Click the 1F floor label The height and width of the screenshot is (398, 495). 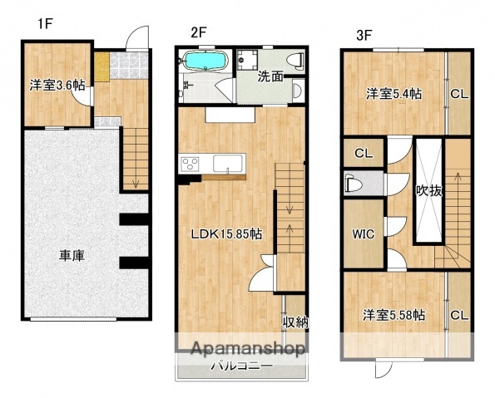tap(45, 23)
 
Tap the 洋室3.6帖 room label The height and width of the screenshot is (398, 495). tap(57, 84)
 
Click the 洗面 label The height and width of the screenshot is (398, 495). tap(269, 77)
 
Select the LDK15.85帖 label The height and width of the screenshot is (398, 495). tap(226, 234)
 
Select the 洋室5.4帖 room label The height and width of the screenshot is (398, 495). tap(394, 93)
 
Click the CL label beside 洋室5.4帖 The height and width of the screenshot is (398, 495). tap(459, 93)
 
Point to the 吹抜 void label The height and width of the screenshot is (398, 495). tap(430, 190)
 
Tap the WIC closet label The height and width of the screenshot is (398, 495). tap(364, 233)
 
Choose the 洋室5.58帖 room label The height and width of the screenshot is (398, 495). tap(394, 315)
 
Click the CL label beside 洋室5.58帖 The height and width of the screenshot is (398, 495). tap(459, 315)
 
